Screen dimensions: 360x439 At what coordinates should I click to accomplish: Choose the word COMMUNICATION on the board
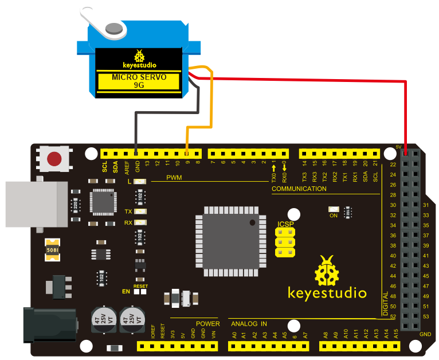click(299, 189)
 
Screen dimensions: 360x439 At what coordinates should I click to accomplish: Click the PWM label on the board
click(174, 178)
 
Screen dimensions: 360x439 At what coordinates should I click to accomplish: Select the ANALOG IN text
click(248, 324)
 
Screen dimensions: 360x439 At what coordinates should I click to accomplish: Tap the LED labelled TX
click(139, 212)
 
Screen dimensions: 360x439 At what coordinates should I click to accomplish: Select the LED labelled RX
click(139, 222)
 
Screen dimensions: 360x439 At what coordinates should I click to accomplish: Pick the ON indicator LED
click(333, 209)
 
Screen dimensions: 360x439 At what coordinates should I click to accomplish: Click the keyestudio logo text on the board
click(327, 294)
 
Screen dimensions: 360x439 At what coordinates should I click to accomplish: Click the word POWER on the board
click(207, 324)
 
